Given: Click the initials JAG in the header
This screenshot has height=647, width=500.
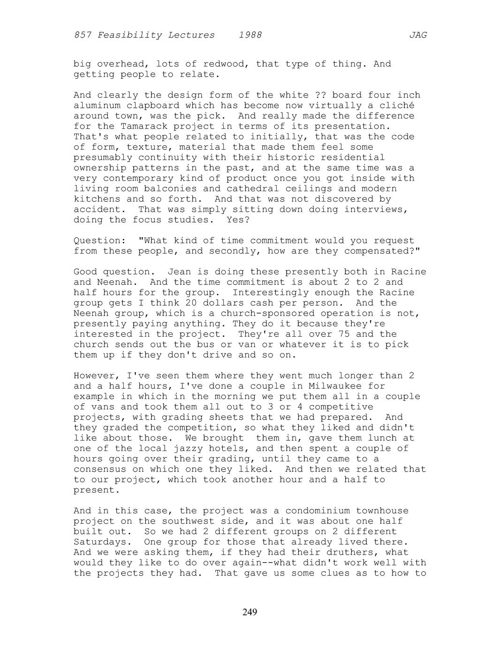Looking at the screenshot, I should point(418,35).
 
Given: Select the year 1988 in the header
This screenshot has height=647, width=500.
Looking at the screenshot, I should point(250,35).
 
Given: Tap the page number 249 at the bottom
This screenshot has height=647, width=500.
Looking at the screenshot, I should point(250,612).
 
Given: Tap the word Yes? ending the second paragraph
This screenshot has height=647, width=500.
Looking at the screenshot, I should point(238,219).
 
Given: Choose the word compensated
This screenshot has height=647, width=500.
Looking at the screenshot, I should point(379,251).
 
